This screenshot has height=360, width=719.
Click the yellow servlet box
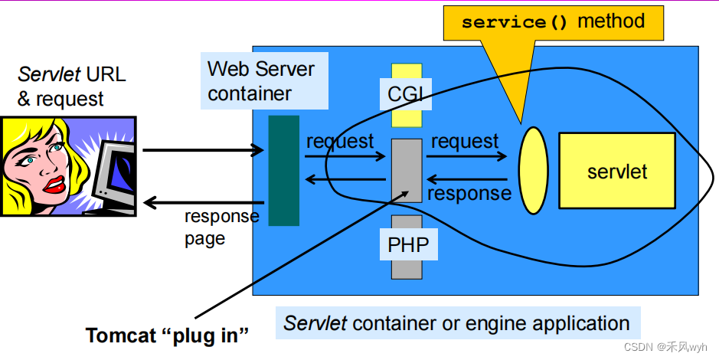(617, 171)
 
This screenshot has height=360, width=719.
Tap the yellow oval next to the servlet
(534, 170)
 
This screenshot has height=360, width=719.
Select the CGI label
(406, 95)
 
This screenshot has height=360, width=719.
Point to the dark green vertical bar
(283, 170)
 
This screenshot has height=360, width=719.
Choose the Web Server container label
(261, 81)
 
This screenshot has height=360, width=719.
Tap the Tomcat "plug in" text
(168, 335)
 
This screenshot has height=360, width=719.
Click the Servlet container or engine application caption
(456, 323)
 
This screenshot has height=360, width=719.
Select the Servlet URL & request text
(71, 87)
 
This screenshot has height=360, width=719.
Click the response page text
(221, 227)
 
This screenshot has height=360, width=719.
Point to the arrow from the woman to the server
(203, 150)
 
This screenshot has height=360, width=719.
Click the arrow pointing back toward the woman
(203, 203)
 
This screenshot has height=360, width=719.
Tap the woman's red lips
(54, 184)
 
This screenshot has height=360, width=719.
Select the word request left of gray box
(340, 142)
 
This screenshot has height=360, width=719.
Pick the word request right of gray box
(465, 142)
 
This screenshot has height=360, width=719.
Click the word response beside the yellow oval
(469, 193)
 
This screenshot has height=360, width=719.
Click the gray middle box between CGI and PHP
(407, 170)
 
